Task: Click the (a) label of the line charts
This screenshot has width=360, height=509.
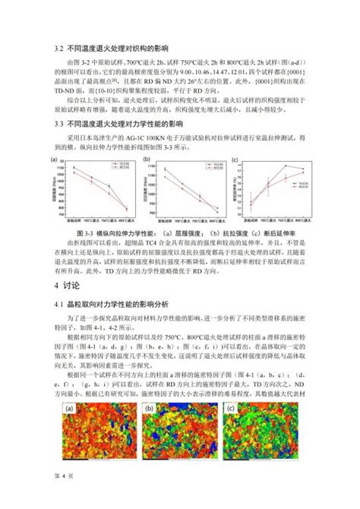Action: [55, 160]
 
